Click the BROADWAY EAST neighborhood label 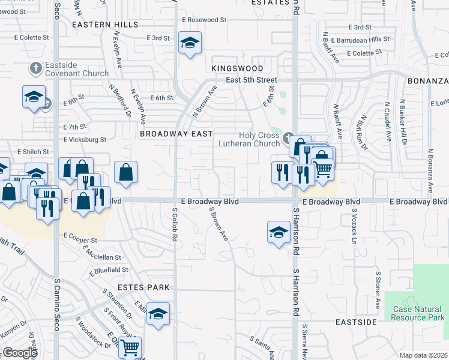(176, 134)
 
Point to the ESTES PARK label (143, 287)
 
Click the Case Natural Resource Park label (418, 313)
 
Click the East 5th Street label (252, 80)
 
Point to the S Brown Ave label (218, 225)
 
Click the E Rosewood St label (205, 20)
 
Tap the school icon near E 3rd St (190, 43)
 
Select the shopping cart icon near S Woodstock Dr (130, 346)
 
